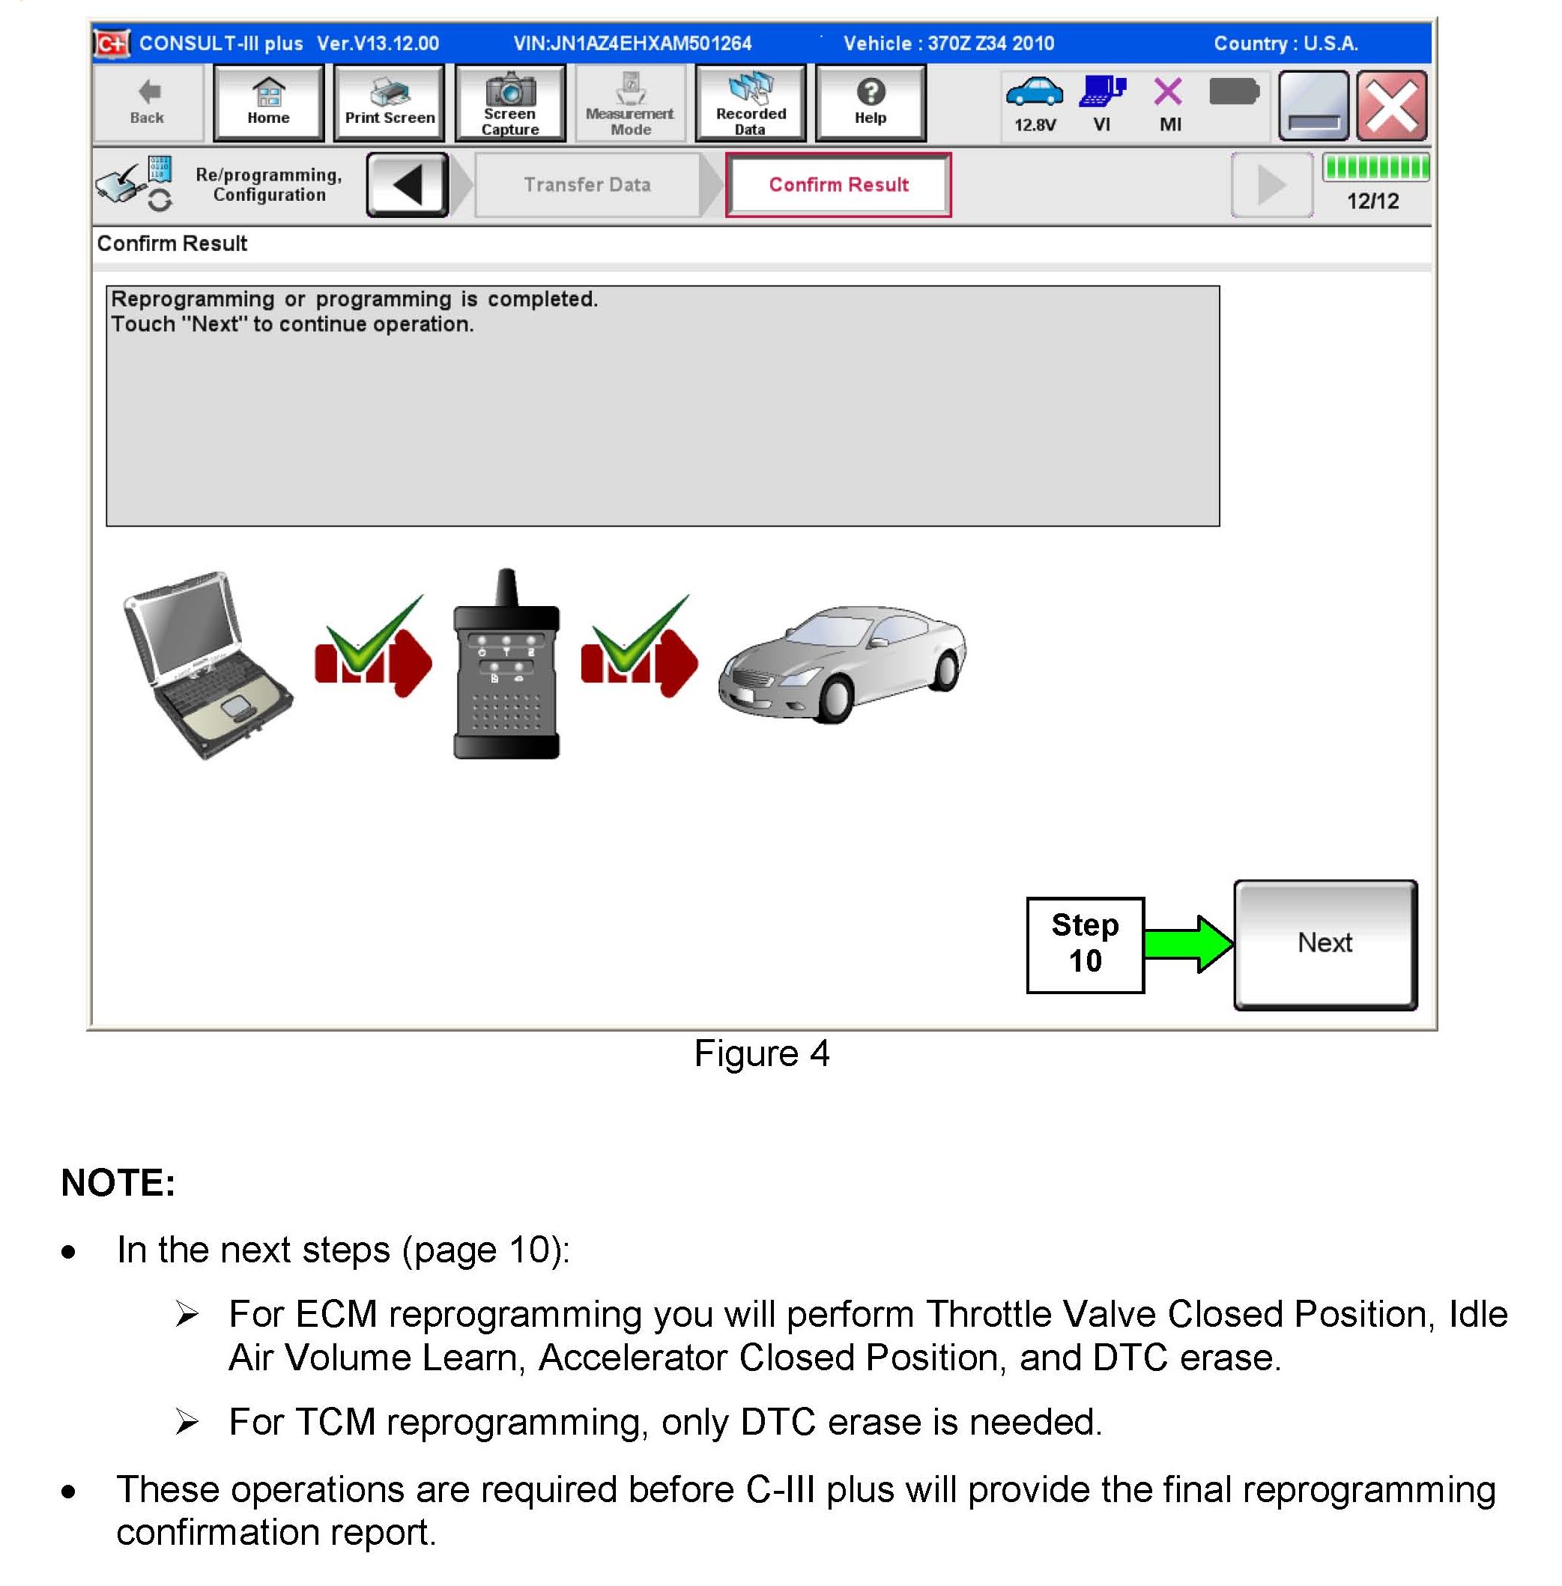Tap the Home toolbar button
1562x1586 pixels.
[x=268, y=103]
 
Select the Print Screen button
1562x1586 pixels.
[x=389, y=103]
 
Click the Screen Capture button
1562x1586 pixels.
[x=509, y=103]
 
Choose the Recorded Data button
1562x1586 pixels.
[x=750, y=103]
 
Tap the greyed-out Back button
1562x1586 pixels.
[x=148, y=103]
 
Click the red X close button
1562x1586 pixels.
[x=1391, y=105]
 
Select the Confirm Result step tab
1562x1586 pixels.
[x=838, y=184]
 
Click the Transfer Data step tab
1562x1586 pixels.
[x=587, y=184]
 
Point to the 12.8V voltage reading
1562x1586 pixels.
[x=1035, y=124]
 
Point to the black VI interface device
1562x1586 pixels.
[x=506, y=665]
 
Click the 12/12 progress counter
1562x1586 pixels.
[x=1372, y=201]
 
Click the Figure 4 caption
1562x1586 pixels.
[x=761, y=1053]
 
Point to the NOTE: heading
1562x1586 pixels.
[x=118, y=1182]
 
